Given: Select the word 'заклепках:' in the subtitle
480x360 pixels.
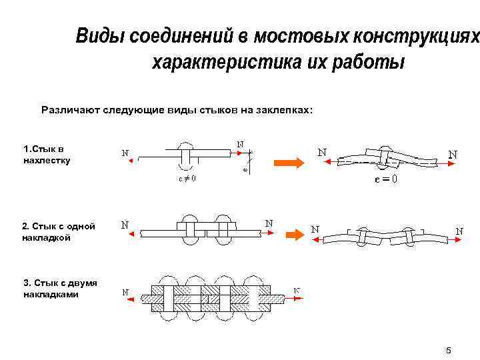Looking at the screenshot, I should point(283,108).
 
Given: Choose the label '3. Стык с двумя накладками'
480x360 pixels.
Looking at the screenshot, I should point(59,288).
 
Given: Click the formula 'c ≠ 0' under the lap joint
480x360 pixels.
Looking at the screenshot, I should point(187,179).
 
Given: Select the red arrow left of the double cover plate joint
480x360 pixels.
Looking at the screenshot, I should point(131,298).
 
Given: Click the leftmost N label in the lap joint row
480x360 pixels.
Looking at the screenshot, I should point(125,152).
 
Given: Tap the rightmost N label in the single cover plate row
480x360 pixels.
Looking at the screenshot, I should point(459,231).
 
